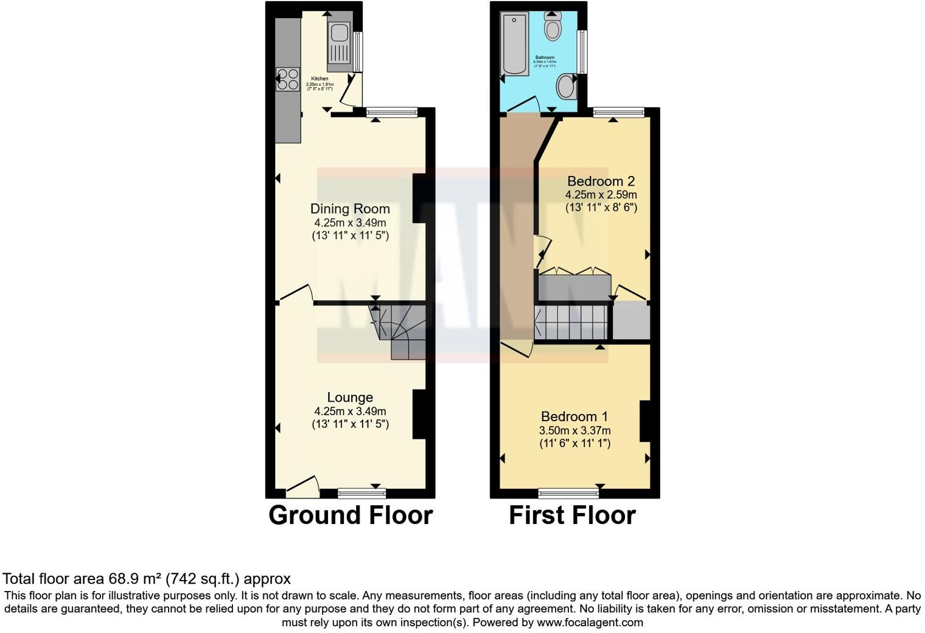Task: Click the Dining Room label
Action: pyautogui.click(x=350, y=209)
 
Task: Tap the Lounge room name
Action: pyautogui.click(x=350, y=397)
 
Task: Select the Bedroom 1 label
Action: pyautogui.click(x=574, y=416)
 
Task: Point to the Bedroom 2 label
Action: pyautogui.click(x=601, y=181)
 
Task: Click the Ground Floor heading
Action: pyautogui.click(x=351, y=515)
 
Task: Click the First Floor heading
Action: pyautogui.click(x=572, y=515)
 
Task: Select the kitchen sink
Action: pyautogui.click(x=339, y=43)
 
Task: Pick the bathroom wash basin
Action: pyautogui.click(x=567, y=86)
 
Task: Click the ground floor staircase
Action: pyautogui.click(x=399, y=331)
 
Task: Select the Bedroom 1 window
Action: pyautogui.click(x=568, y=492)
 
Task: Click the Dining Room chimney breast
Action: pyautogui.click(x=419, y=198)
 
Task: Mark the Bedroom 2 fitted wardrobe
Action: pyautogui.click(x=574, y=287)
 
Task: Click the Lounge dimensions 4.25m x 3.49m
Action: pyautogui.click(x=350, y=411)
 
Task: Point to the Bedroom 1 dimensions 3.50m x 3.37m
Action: pyautogui.click(x=574, y=430)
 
